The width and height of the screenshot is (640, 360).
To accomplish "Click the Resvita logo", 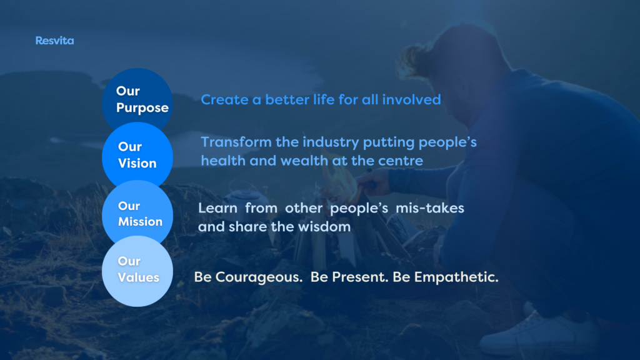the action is tap(54, 41).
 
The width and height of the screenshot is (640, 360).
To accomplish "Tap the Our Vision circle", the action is tap(137, 155).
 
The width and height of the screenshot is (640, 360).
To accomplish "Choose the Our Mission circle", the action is tap(137, 214).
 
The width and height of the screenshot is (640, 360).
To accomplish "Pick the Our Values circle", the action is tap(137, 271).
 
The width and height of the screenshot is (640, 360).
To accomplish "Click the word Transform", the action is tap(236, 142).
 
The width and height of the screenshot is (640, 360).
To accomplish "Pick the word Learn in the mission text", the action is tap(217, 208).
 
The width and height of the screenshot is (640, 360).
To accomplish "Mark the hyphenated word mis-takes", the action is tap(430, 208).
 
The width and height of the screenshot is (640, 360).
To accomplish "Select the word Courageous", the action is tap(259, 277).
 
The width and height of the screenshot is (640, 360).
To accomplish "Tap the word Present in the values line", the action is tap(359, 277).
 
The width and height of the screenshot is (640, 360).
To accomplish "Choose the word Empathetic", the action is tap(456, 277).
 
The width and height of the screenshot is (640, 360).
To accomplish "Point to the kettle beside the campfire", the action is tap(244, 195).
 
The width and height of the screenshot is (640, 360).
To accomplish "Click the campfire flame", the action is tap(340, 178).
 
